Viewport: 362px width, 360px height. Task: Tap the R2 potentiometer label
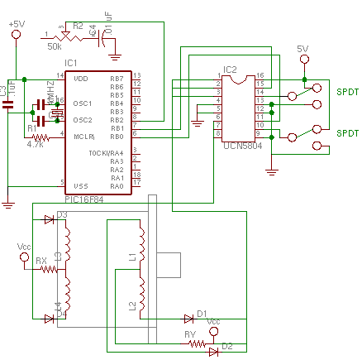(78, 26)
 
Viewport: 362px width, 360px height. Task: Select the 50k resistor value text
(54, 46)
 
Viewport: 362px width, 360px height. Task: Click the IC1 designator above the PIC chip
(70, 64)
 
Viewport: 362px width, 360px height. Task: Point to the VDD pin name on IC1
(80, 79)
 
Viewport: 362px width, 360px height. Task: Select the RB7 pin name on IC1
(117, 79)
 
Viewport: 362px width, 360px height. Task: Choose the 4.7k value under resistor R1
(35, 144)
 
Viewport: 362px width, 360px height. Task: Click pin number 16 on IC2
(260, 75)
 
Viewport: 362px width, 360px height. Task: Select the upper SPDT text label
(348, 93)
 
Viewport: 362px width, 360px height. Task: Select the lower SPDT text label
(348, 133)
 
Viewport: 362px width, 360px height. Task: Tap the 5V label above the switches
(302, 50)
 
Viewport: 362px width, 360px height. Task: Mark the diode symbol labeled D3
(48, 220)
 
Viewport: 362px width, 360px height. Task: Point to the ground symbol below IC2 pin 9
(271, 172)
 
